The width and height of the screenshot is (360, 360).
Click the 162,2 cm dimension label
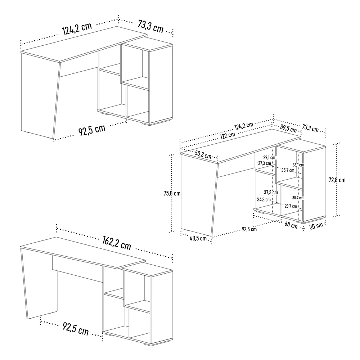pyautogui.click(x=117, y=243)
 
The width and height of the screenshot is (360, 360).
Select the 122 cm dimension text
pyautogui.click(x=228, y=135)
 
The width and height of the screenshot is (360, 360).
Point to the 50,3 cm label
pyautogui.click(x=203, y=154)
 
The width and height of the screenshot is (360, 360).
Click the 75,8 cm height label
pyautogui.click(x=172, y=193)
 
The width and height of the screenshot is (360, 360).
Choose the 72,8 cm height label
pyautogui.click(x=337, y=180)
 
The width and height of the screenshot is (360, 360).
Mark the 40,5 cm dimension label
pyautogui.click(x=198, y=238)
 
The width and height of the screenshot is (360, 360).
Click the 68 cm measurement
pyautogui.click(x=291, y=225)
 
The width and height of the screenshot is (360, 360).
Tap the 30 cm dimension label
pyautogui.click(x=316, y=226)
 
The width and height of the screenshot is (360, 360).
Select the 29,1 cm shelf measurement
pyautogui.click(x=269, y=158)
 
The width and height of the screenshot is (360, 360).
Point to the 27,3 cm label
pyautogui.click(x=265, y=163)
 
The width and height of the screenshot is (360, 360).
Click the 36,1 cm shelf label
pyautogui.click(x=298, y=165)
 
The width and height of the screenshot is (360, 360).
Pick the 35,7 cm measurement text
pyautogui.click(x=288, y=170)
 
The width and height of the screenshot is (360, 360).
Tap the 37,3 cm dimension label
pyautogui.click(x=271, y=192)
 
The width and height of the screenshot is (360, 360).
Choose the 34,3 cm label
pyautogui.click(x=264, y=199)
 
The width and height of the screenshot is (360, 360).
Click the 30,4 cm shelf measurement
pyautogui.click(x=298, y=198)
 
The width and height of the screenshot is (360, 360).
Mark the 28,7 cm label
pyautogui.click(x=291, y=206)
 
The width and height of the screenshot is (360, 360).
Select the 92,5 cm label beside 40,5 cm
pyautogui.click(x=249, y=229)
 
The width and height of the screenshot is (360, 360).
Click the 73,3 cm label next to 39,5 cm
pyautogui.click(x=310, y=129)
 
